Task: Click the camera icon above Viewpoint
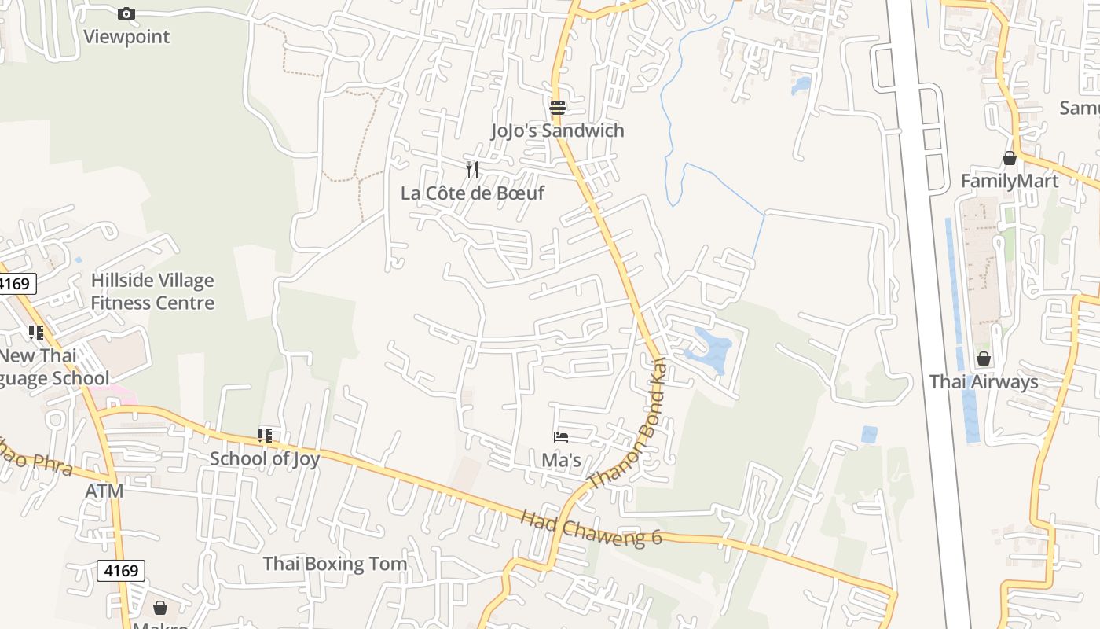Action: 126,13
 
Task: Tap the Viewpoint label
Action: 126,36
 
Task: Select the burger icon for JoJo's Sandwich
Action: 557,107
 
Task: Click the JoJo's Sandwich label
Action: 557,131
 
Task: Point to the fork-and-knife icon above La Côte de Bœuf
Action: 472,169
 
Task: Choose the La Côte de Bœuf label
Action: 472,193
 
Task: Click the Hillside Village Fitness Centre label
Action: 152,292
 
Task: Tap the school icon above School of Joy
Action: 265,435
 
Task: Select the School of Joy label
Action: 265,458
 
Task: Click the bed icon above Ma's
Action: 560,436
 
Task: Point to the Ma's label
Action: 561,460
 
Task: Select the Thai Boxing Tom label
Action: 335,564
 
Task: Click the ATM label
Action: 104,491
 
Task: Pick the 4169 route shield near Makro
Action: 121,570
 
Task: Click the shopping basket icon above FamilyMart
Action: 1010,158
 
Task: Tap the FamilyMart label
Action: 1010,182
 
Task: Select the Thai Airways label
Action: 984,382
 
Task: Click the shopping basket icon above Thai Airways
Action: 983,359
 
